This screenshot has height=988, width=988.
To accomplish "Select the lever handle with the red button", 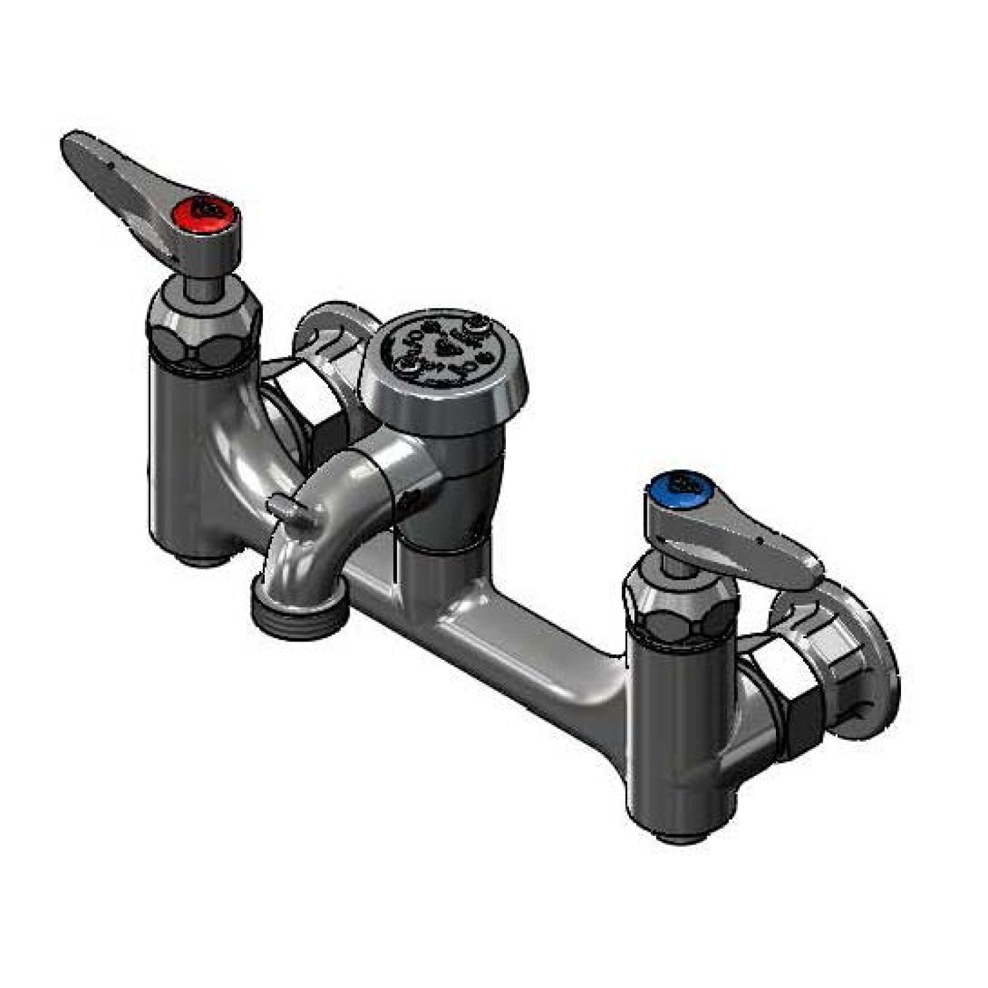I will click(119, 172).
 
